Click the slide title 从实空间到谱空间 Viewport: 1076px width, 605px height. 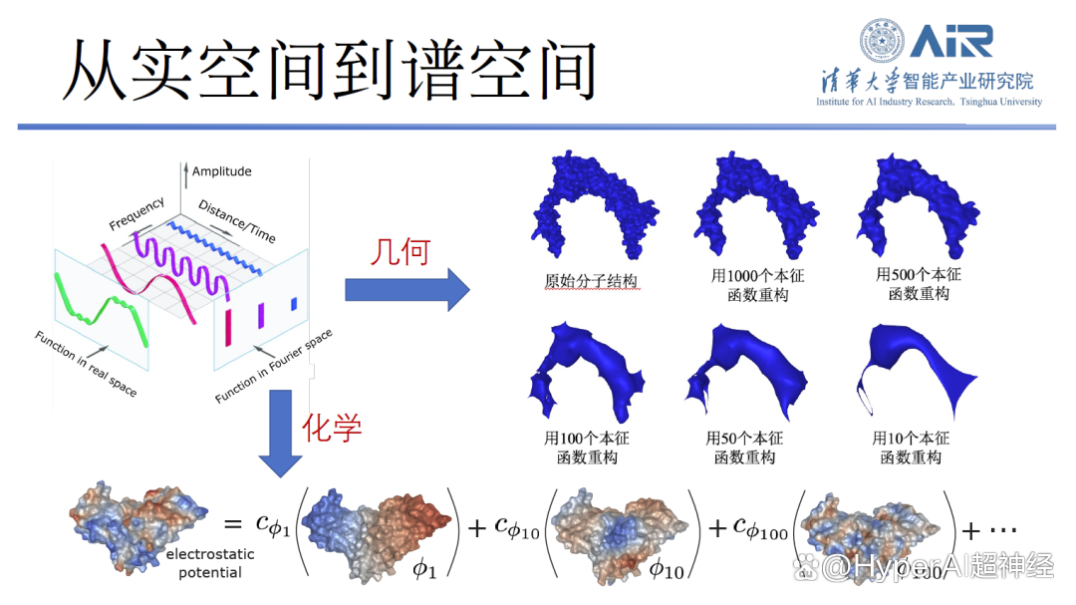pyautogui.click(x=330, y=70)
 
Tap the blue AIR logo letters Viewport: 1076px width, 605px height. pyautogui.click(x=951, y=41)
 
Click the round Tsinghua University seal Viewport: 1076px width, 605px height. pyautogui.click(x=882, y=41)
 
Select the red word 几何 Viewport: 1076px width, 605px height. pyautogui.click(x=401, y=252)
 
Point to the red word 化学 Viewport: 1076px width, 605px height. pyautogui.click(x=332, y=428)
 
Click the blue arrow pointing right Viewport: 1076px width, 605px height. pyautogui.click(x=406, y=290)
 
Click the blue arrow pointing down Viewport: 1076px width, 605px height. pyautogui.click(x=280, y=434)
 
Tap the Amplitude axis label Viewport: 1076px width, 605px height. pyautogui.click(x=221, y=171)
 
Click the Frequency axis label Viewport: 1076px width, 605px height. pyautogui.click(x=137, y=213)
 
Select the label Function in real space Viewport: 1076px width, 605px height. pyautogui.click(x=86, y=364)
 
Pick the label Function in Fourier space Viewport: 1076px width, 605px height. pyautogui.click(x=274, y=366)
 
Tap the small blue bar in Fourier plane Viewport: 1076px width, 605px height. pyautogui.click(x=294, y=304)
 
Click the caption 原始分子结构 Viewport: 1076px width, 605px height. pyautogui.click(x=591, y=281)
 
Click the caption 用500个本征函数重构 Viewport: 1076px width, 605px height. pyautogui.click(x=919, y=284)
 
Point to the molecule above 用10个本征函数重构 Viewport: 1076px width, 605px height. pyautogui.click(x=917, y=371)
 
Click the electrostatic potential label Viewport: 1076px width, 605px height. pyautogui.click(x=210, y=563)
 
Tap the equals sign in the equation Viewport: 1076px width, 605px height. pyautogui.click(x=232, y=524)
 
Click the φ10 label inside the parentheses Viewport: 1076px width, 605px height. pyautogui.click(x=666, y=568)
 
